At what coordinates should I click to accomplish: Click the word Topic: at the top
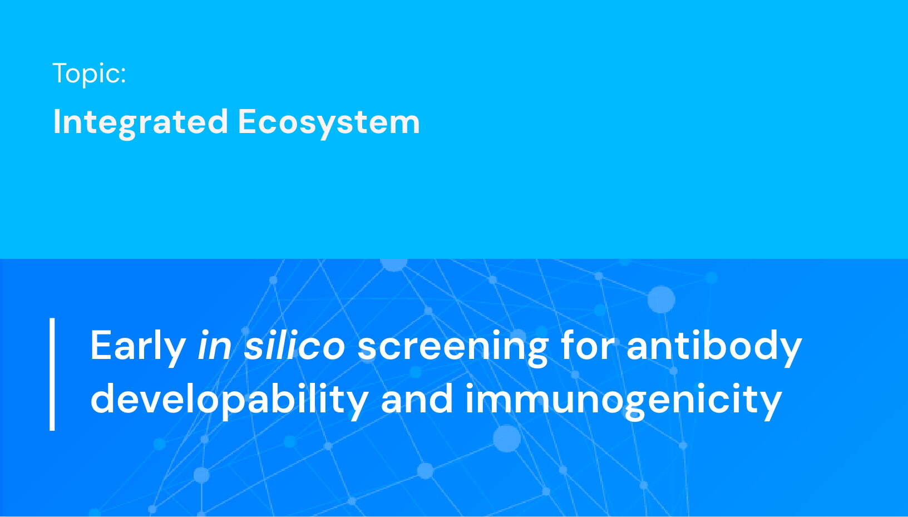click(89, 73)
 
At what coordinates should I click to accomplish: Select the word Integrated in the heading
click(140, 122)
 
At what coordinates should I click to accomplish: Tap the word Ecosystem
click(328, 122)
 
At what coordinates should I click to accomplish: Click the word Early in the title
click(137, 346)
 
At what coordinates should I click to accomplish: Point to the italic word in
click(214, 346)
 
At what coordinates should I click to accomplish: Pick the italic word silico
click(294, 346)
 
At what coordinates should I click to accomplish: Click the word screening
click(452, 346)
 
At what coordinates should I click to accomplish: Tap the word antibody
click(714, 346)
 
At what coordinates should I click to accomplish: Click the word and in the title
click(417, 398)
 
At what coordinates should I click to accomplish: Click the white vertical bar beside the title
click(52, 374)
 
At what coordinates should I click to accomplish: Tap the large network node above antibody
click(661, 299)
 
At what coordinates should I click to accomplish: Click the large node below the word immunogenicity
click(507, 438)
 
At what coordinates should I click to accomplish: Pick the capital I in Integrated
click(56, 121)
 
